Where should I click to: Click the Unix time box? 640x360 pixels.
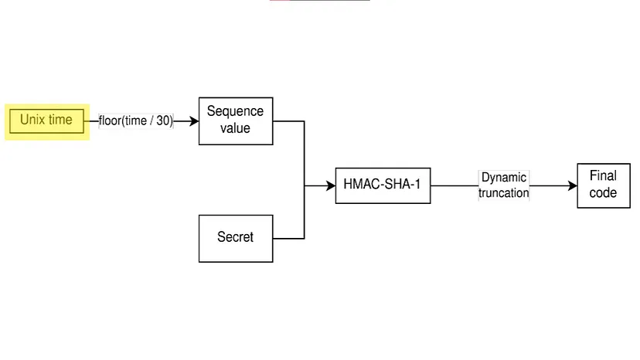click(x=47, y=121)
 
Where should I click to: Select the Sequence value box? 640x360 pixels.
click(x=236, y=121)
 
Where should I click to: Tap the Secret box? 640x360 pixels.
click(x=236, y=238)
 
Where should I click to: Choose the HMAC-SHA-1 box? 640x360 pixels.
click(x=383, y=185)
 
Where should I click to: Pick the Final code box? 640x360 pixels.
click(x=603, y=185)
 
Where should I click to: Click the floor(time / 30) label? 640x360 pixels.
click(x=136, y=121)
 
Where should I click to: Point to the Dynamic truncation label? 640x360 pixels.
click(x=504, y=185)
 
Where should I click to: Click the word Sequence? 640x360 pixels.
click(x=236, y=112)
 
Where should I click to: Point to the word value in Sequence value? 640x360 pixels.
click(x=236, y=128)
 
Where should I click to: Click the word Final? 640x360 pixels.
click(x=603, y=176)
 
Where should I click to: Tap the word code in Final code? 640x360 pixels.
click(x=603, y=193)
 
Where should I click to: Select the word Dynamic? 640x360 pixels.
click(x=504, y=178)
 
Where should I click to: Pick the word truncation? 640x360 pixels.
click(x=504, y=193)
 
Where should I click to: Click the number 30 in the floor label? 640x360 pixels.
click(x=164, y=121)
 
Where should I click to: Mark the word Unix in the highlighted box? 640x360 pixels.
click(x=33, y=120)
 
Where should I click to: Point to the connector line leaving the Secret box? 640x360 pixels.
click(x=288, y=238)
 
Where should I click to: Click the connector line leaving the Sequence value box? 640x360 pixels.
click(x=289, y=121)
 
